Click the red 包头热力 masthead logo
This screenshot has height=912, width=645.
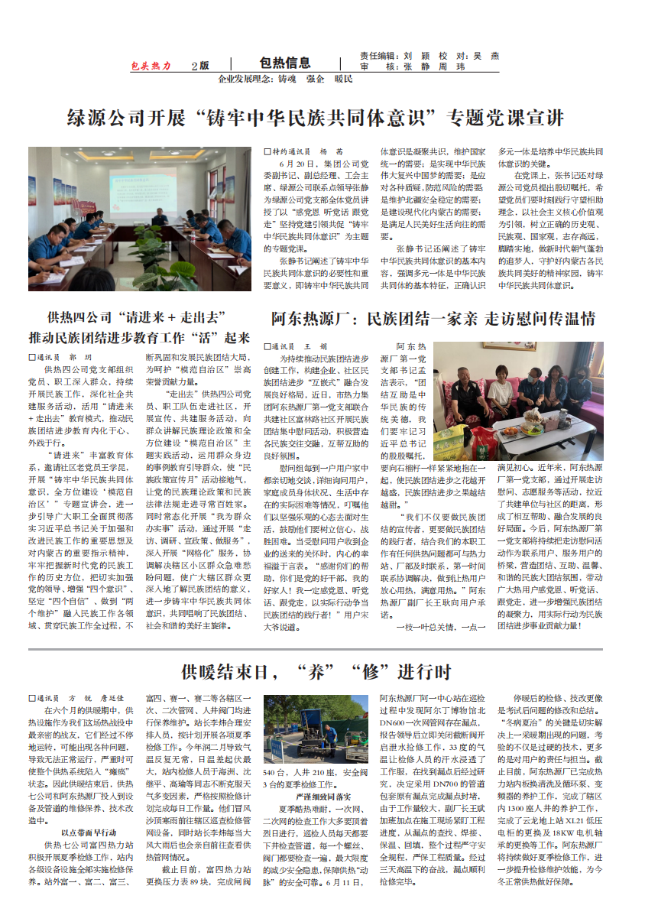[x=151, y=66]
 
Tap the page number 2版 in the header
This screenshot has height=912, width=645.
[x=200, y=66]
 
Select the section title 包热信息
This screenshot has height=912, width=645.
[x=284, y=63]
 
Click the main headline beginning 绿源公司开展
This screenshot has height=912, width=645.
[x=316, y=118]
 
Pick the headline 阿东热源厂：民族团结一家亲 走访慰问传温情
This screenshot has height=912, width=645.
[x=433, y=319]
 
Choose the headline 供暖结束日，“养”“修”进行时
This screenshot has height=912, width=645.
[x=316, y=672]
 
